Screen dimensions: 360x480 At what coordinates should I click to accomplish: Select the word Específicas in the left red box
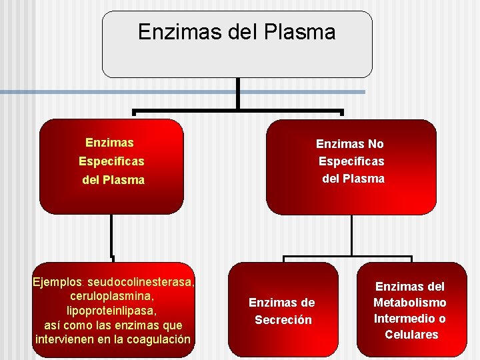pos(111,161)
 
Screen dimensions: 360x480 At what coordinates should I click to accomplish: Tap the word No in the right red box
pos(376,143)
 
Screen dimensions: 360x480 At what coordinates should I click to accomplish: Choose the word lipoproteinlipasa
pos(112,311)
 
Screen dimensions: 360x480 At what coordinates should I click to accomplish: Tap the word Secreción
pos(283,319)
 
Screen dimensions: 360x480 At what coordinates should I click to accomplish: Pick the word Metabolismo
pos(410,303)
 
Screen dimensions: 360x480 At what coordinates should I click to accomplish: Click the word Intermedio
pos(403,318)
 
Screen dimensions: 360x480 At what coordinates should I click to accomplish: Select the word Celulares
pos(411,334)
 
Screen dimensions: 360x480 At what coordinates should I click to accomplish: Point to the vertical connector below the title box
pos(237,93)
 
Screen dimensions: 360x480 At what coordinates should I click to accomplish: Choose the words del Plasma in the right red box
pos(353,179)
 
